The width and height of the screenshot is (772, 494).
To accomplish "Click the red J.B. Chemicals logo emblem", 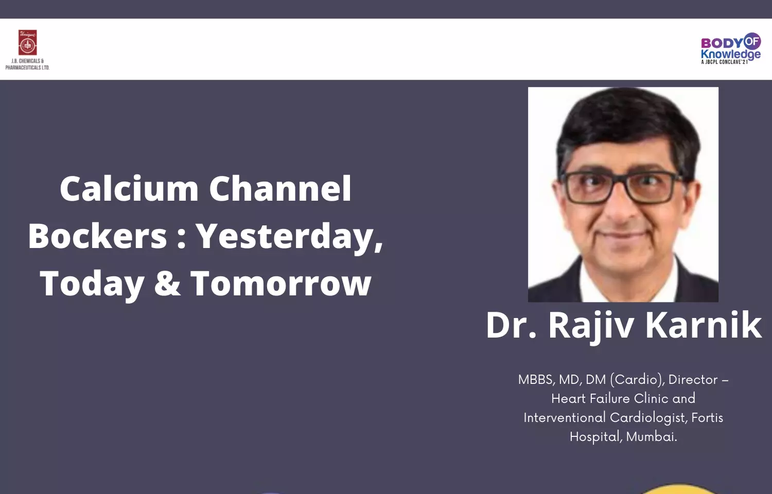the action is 28,43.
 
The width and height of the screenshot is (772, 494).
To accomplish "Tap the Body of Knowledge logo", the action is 731,48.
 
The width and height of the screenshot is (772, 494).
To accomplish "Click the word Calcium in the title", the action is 129,189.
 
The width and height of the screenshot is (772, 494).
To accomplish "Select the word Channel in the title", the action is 280,189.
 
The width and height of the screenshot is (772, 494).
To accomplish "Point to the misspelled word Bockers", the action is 98,236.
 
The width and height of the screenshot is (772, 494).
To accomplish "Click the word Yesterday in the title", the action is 289,238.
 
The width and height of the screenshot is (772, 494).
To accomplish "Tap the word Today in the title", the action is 92,285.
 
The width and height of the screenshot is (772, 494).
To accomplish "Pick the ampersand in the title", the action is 167,283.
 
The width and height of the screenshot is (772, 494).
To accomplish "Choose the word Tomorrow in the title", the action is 281,283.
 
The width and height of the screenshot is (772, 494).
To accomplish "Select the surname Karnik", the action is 703,325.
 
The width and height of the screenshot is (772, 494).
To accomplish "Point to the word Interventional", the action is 565,417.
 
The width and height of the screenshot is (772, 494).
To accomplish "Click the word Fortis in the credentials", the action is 707,417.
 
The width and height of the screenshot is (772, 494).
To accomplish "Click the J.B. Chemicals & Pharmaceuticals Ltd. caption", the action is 28,64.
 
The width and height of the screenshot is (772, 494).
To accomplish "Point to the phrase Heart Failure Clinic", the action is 610,399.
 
